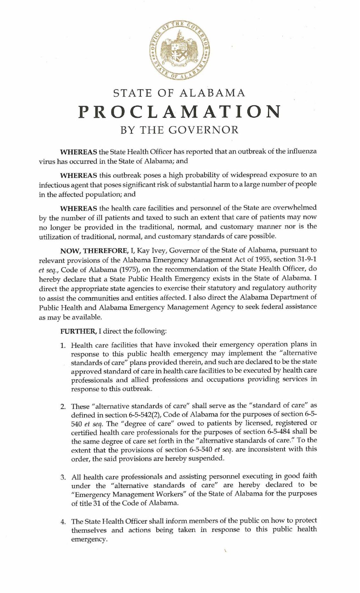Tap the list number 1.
[x=63, y=346]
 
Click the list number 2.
[x=63, y=406]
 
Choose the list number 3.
[x=63, y=477]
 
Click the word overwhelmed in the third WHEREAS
[x=297, y=207]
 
